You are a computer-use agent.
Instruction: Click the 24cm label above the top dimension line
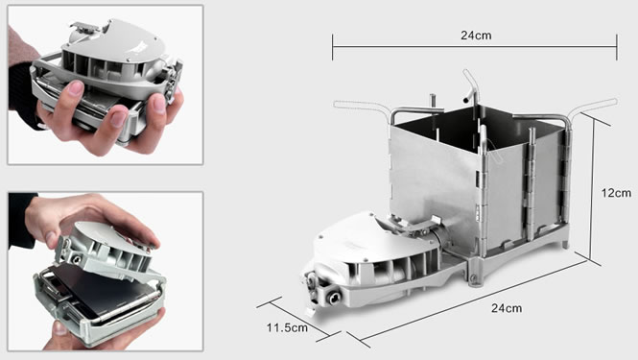[x=476, y=36]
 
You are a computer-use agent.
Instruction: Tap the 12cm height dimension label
[x=616, y=193]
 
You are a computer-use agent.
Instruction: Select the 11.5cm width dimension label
[x=287, y=327]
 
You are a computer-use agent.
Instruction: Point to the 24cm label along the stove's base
[x=507, y=308]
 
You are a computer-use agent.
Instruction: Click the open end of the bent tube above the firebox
[x=466, y=100]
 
